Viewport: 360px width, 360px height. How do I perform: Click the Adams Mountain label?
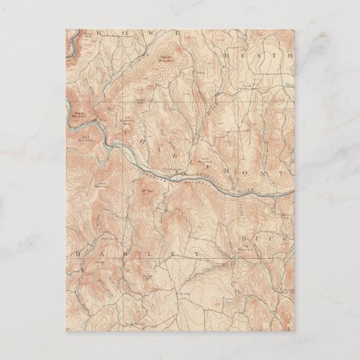click(x=166, y=56)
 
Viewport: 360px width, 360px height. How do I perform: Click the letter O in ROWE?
click(x=121, y=33)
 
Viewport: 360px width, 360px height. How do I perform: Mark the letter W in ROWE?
click(x=147, y=33)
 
